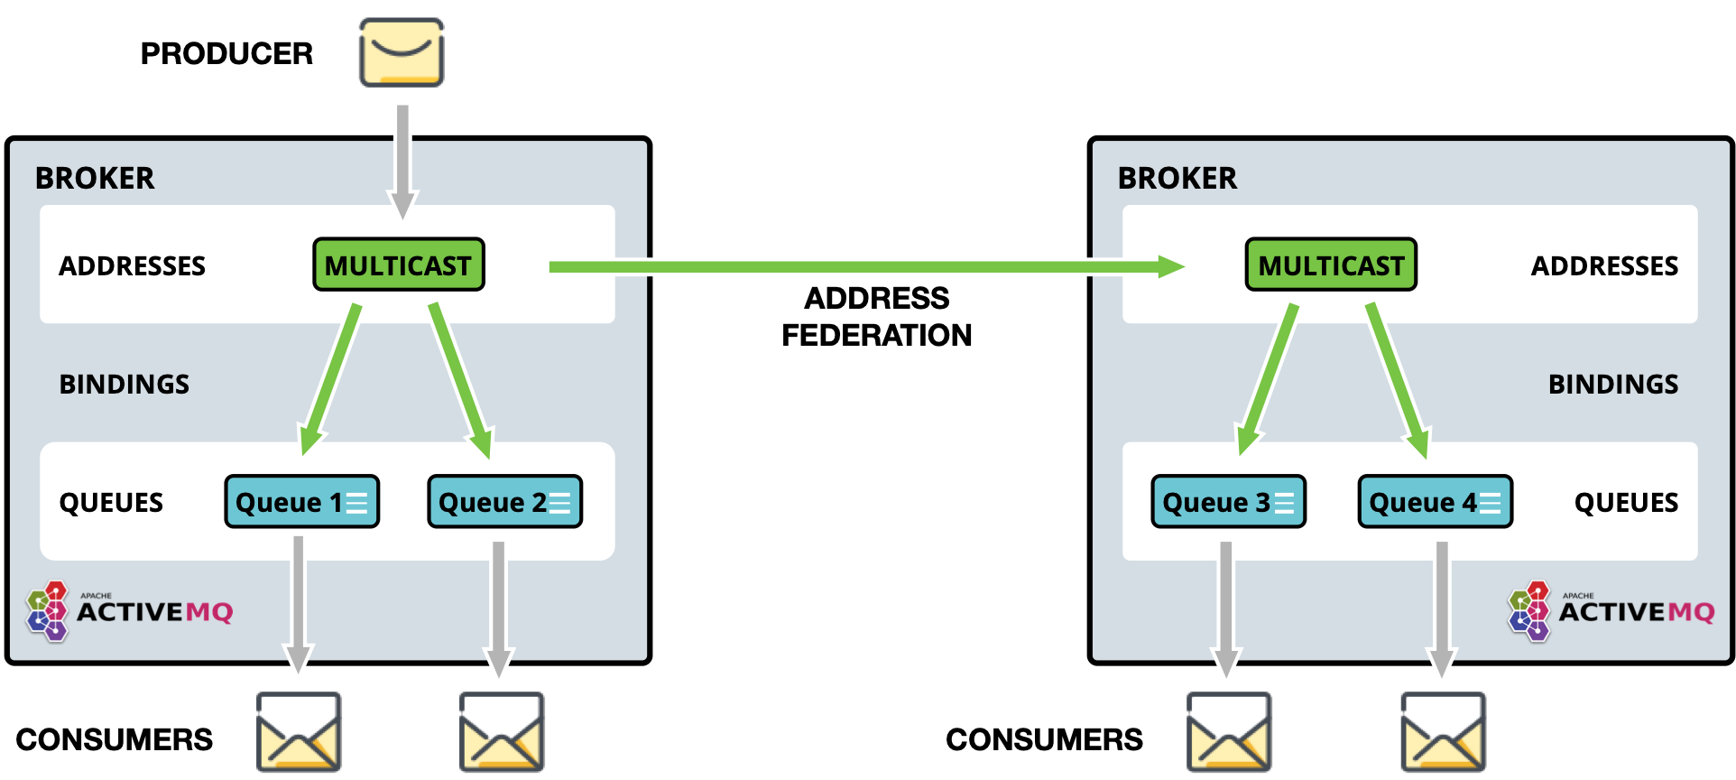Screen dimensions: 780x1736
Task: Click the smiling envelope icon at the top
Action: click(402, 52)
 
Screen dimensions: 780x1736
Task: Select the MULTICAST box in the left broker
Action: click(398, 265)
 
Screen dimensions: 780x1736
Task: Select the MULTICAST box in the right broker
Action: click(1331, 265)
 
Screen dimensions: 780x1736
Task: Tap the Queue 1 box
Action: click(301, 501)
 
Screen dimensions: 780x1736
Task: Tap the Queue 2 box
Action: click(504, 501)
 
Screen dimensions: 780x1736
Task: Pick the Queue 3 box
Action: click(1228, 501)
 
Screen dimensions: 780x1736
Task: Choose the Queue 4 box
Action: click(1435, 501)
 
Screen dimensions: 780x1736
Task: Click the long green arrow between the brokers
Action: click(866, 266)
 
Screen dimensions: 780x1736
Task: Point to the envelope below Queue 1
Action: click(298, 731)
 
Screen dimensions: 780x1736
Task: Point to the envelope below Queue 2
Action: click(501, 731)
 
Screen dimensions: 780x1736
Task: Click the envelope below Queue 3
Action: click(1229, 731)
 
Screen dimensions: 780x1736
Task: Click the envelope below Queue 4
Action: click(1442, 731)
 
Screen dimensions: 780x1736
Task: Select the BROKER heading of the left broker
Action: click(95, 178)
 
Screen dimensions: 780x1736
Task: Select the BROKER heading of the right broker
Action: click(1177, 178)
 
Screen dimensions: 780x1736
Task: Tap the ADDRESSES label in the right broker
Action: click(1604, 265)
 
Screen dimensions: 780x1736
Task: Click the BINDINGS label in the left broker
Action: click(125, 384)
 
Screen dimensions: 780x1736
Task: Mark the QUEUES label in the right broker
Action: click(1626, 502)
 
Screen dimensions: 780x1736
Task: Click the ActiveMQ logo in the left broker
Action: click(130, 611)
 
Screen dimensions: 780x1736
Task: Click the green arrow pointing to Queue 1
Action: click(331, 379)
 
